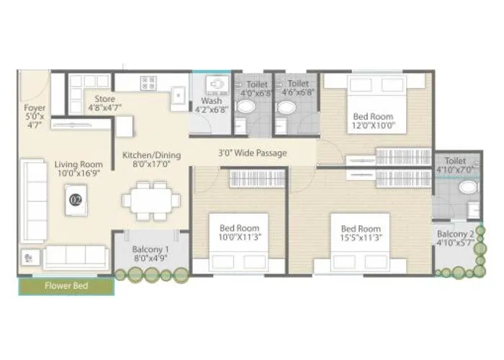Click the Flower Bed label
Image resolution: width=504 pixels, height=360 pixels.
[66, 286]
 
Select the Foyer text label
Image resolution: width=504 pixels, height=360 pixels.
[34, 117]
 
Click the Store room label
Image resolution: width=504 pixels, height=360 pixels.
[104, 104]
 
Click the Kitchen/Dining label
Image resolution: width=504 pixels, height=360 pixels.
[151, 159]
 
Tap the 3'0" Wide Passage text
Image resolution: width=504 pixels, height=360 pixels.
[253, 153]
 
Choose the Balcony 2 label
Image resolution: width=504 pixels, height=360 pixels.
[455, 238]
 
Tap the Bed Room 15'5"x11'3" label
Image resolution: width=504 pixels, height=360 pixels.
[361, 234]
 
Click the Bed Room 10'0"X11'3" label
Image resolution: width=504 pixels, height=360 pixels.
[239, 233]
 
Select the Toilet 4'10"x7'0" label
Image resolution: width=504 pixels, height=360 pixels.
[455, 166]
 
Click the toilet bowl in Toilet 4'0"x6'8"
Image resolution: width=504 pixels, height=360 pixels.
[246, 109]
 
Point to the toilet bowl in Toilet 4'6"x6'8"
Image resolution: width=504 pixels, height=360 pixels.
[287, 109]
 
